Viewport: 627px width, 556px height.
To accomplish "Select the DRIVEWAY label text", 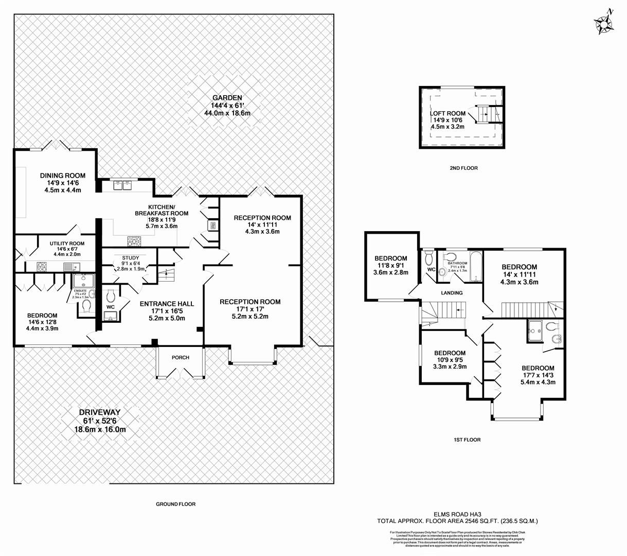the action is click(100, 412).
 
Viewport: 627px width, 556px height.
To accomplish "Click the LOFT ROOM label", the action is click(447, 113).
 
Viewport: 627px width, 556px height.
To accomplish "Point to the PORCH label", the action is click(181, 357).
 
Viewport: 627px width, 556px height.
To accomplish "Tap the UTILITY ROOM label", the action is click(67, 244).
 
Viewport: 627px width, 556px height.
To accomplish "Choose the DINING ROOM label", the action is click(63, 176).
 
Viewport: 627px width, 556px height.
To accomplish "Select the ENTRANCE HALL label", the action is click(163, 304).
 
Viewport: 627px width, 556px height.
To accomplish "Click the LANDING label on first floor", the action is click(452, 293).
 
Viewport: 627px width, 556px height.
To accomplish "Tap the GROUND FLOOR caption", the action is click(176, 505).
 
